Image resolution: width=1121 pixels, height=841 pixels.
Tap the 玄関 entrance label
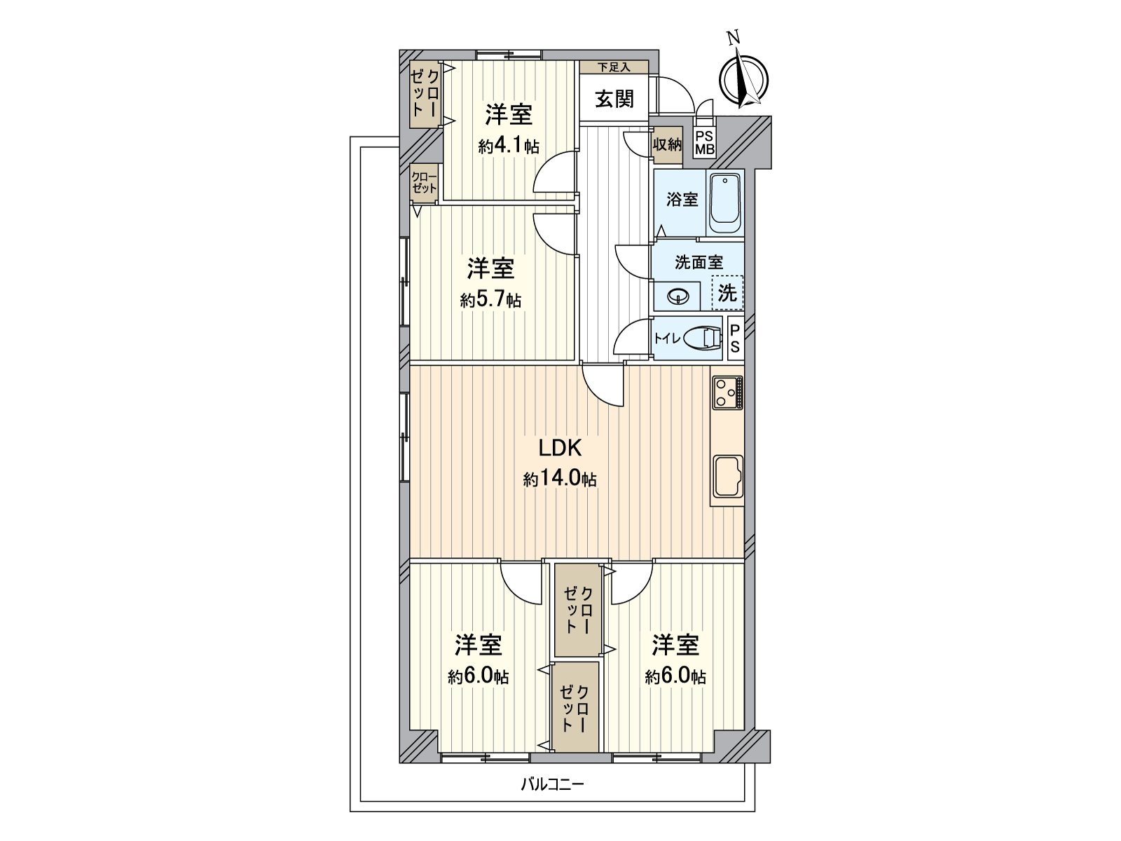pos(614,99)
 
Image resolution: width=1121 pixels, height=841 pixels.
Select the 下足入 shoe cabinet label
pos(614,67)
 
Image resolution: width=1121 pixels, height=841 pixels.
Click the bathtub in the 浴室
pos(725,204)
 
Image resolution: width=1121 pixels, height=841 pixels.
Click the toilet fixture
pos(702,339)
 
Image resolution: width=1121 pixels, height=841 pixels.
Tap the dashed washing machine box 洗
pos(727,292)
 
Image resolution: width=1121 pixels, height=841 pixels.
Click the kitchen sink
pos(728,477)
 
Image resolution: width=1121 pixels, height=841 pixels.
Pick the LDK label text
pos(560,448)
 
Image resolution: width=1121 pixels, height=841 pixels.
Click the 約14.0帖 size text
pos(560,479)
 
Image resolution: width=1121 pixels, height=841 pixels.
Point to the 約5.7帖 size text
pos(490,301)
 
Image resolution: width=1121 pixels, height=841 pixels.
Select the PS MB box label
pos(705,142)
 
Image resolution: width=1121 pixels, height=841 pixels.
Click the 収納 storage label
pos(667,145)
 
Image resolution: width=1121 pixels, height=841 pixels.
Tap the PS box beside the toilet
pos(735,339)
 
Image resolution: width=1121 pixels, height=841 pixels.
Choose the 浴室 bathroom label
pos(682,200)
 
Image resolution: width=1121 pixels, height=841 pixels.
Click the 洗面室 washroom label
pos(699,262)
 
